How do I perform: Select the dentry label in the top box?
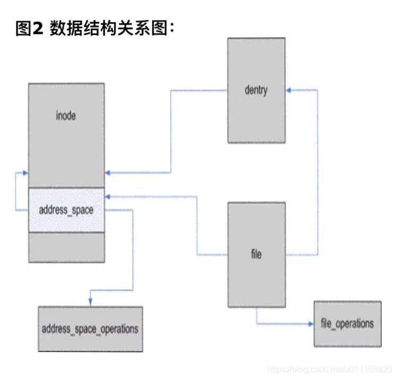point(256,90)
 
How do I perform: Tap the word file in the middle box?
point(256,254)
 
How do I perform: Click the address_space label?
point(66,209)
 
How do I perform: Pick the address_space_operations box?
point(90,329)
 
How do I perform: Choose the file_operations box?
point(347,323)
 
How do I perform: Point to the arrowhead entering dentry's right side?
point(289,90)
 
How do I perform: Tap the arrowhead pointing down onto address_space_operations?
point(90,303)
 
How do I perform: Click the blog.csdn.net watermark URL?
point(329,368)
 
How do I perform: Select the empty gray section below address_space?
point(66,247)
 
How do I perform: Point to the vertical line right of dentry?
point(318,170)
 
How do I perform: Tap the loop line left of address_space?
point(16,191)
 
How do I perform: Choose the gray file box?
point(256,282)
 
